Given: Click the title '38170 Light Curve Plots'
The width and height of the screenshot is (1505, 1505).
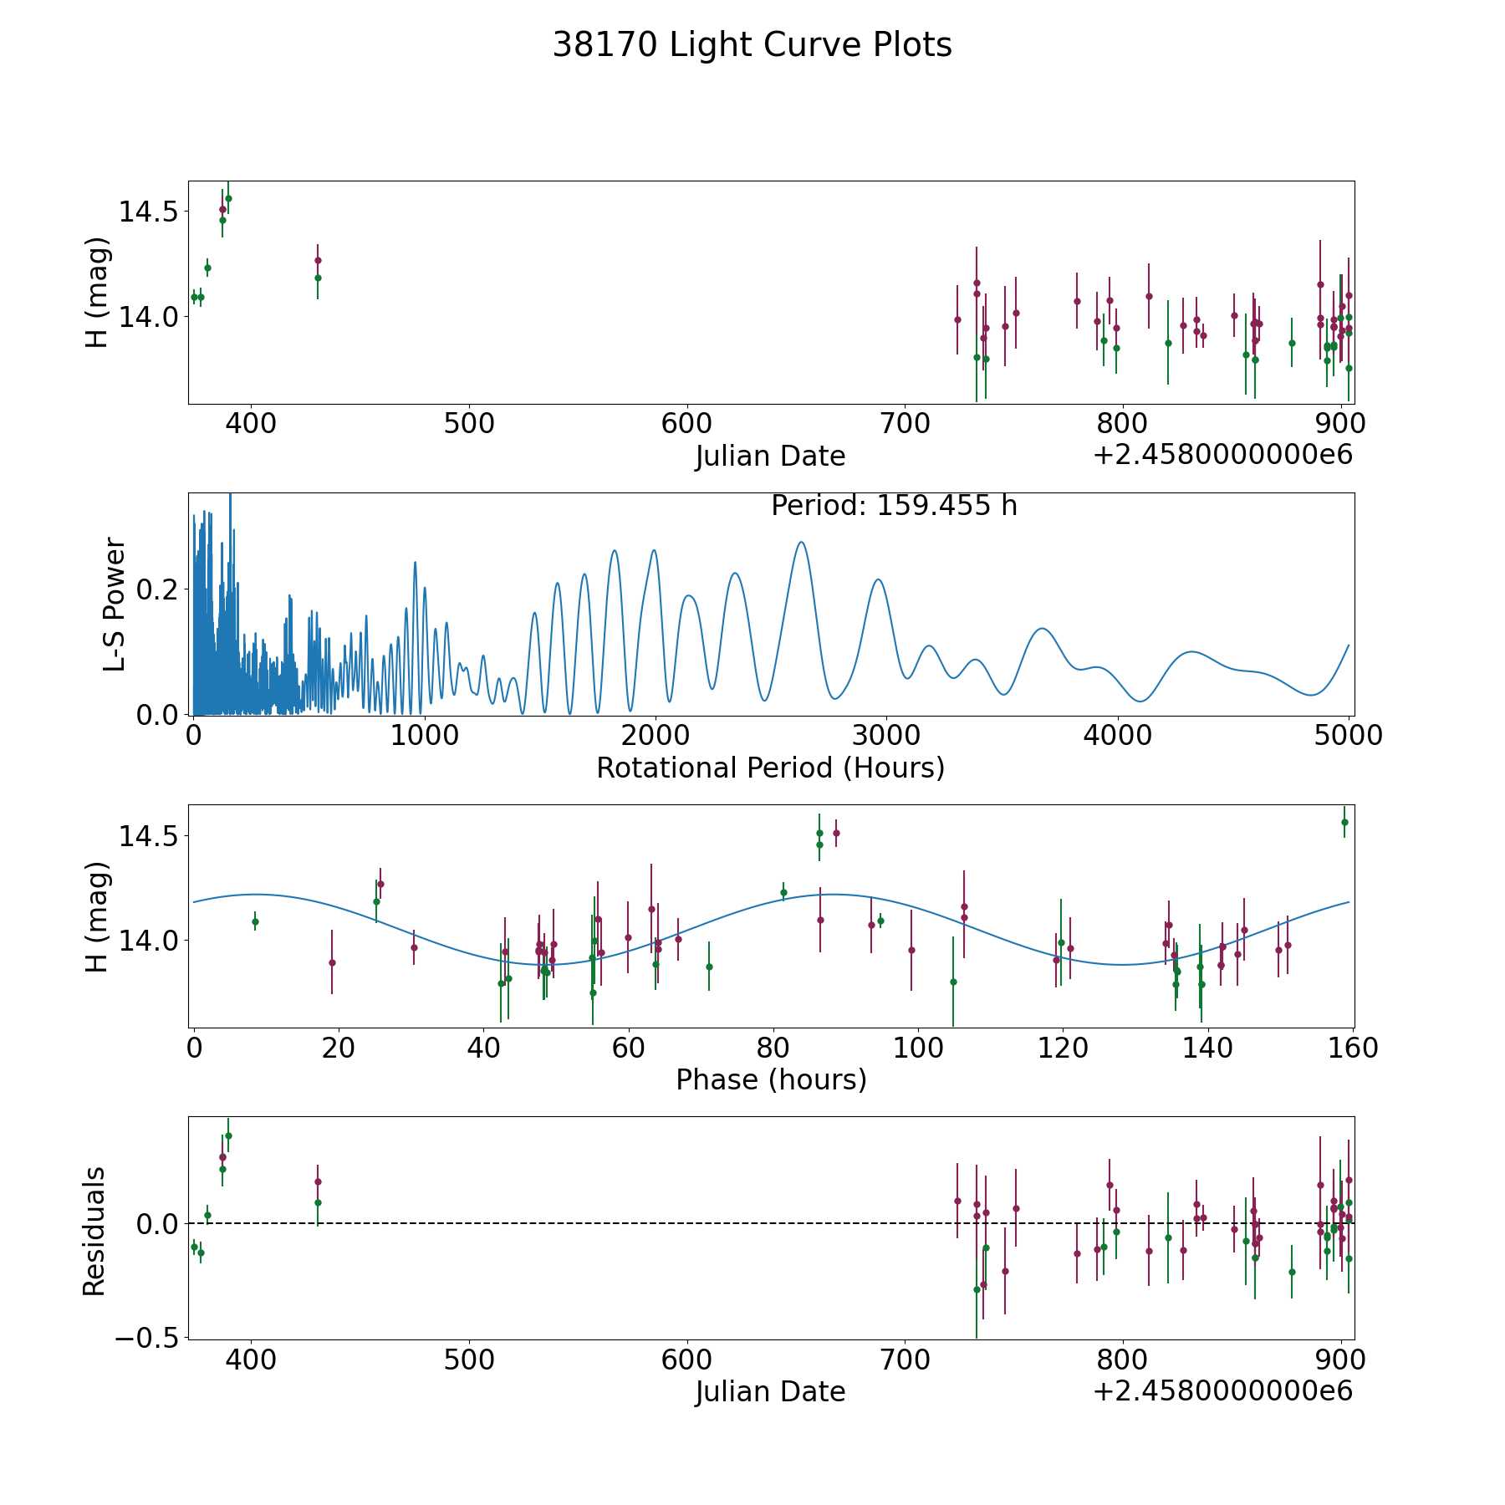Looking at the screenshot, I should pyautogui.click(x=752, y=45).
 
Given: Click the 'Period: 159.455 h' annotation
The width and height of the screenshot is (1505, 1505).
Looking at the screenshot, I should pyautogui.click(x=894, y=506).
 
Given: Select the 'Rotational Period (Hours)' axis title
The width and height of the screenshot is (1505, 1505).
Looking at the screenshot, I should pyautogui.click(x=770, y=768).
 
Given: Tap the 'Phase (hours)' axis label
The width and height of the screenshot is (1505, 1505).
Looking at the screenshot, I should pyautogui.click(x=771, y=1079).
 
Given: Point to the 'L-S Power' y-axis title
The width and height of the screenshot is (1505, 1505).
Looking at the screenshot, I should pyautogui.click(x=115, y=604).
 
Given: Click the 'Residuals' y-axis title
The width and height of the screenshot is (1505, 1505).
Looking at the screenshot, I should pyautogui.click(x=94, y=1231).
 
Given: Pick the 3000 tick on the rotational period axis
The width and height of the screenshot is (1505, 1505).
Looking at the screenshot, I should pyautogui.click(x=885, y=736).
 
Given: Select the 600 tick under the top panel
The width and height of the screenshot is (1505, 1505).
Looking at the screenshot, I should pyautogui.click(x=686, y=423).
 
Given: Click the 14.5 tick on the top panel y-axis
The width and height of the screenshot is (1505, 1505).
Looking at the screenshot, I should pyautogui.click(x=147, y=212).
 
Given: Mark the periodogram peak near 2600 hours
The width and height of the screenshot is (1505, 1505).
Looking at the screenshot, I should pyautogui.click(x=801, y=543).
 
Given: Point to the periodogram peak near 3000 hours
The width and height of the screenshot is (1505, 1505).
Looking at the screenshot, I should pyautogui.click(x=877, y=579).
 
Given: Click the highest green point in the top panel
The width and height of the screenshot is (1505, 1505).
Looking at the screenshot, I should pyautogui.click(x=228, y=198).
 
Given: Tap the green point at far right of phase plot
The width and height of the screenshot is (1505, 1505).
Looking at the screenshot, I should pyautogui.click(x=1344, y=822).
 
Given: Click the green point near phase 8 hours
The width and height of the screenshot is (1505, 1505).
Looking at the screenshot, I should pyautogui.click(x=255, y=921).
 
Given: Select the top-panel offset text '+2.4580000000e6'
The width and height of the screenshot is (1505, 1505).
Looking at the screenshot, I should pyautogui.click(x=1222, y=455).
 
